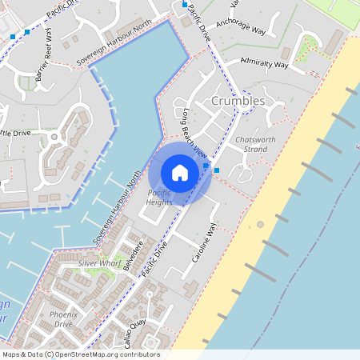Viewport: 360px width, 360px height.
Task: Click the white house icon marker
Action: pos(180,172)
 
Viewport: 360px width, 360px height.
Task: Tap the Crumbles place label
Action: pos(238,102)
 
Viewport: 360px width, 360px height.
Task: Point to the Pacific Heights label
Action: pos(159,198)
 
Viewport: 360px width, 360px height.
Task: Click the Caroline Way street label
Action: pos(203,245)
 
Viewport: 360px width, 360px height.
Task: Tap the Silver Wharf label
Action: pos(99,262)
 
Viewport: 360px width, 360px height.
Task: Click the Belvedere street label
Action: pos(134,256)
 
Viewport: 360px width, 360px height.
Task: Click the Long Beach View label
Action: pos(194,133)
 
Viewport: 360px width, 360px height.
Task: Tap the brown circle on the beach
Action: pos(260,225)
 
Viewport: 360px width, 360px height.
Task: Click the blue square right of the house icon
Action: pos(217,170)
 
